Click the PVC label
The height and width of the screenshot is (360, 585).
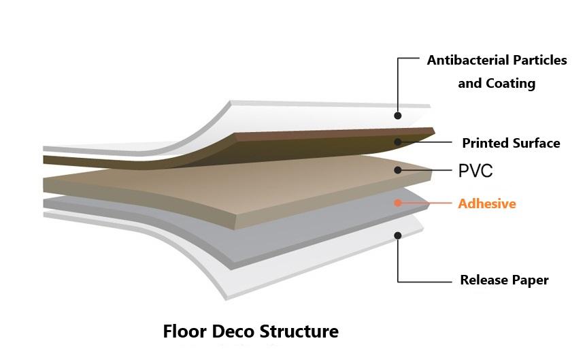pos(475,171)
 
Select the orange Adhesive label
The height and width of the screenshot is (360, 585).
pos(486,203)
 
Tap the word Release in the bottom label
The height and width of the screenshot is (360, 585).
pos(485,280)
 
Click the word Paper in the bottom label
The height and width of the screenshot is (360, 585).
pos(530,280)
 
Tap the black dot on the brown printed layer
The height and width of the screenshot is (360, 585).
pos(398,142)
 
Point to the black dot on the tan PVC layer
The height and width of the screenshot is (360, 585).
pos(398,170)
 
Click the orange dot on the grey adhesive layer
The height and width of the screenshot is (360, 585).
pos(398,203)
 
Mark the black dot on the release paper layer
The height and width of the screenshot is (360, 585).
pos(398,235)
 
